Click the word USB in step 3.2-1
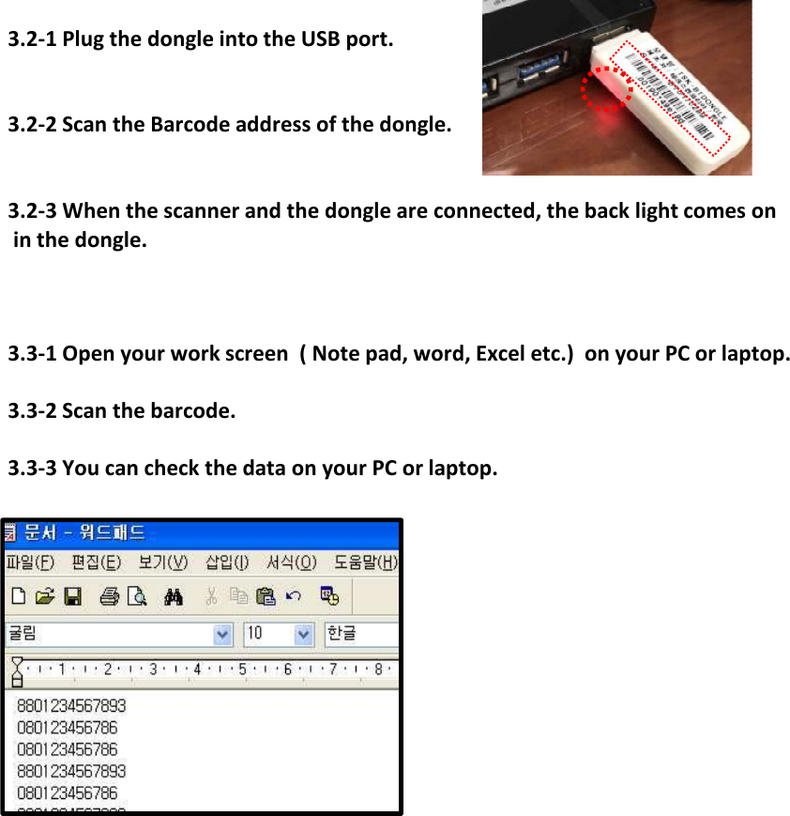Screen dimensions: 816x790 321,40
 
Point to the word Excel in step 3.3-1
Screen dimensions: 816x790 505,354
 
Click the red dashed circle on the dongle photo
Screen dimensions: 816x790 605,89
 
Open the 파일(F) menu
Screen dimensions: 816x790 30,562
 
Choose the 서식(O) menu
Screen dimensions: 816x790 289,562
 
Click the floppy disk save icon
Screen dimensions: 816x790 72,596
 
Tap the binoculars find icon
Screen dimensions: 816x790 172,596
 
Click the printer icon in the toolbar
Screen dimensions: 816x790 109,596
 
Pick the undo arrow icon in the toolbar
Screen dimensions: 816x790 294,596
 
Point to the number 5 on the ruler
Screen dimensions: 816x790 243,670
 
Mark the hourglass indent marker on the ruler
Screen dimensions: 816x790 16,671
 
